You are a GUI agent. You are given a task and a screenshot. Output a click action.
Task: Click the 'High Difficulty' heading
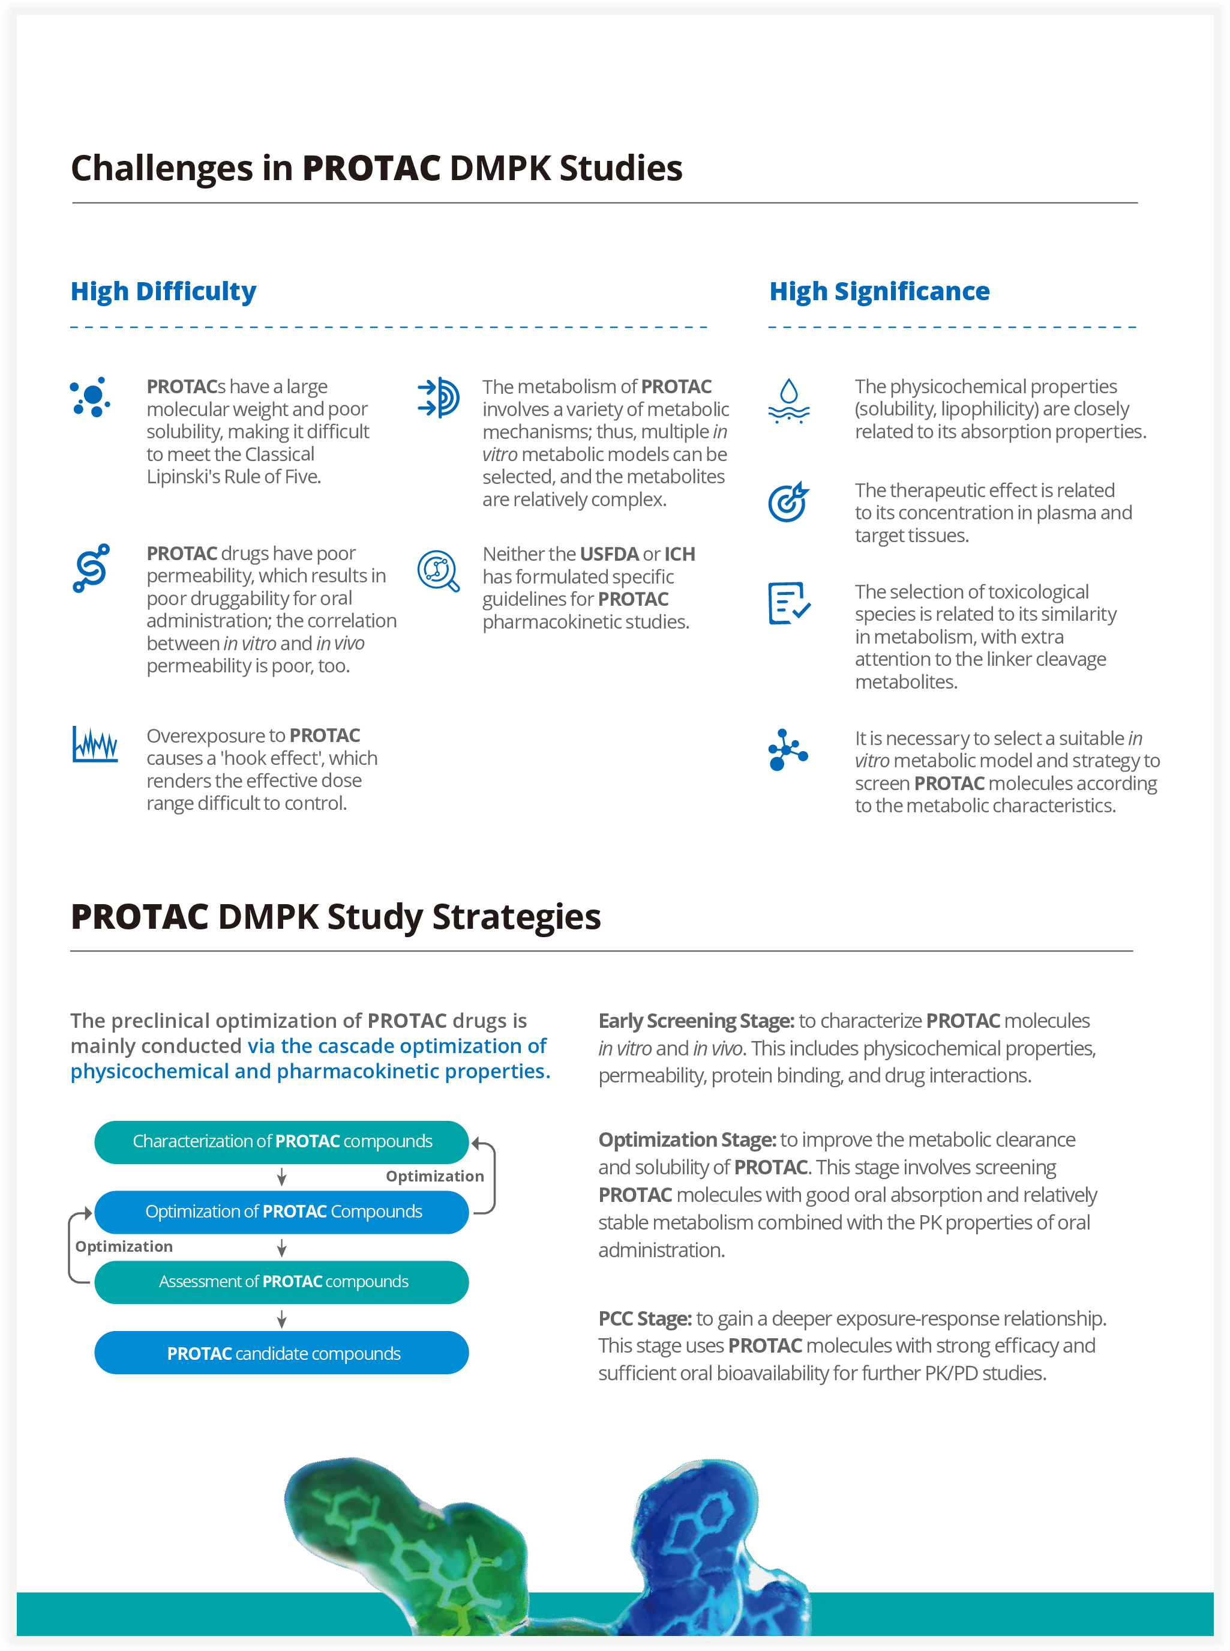coord(163,291)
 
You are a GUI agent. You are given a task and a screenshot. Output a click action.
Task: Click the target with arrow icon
coord(788,501)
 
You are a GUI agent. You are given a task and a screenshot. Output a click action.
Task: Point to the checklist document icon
coord(788,603)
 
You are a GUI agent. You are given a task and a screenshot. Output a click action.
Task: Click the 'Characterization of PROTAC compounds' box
coord(281,1141)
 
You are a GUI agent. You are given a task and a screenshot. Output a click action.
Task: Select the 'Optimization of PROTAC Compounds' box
coord(281,1212)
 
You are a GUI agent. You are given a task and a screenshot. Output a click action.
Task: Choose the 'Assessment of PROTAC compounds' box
coord(281,1281)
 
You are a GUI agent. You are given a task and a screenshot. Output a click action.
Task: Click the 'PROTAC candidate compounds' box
coord(281,1353)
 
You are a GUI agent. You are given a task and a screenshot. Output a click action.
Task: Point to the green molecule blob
coord(406,1535)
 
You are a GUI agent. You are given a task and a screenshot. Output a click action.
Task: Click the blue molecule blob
coord(715,1542)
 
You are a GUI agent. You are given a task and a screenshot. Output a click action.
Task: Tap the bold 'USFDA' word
coord(608,554)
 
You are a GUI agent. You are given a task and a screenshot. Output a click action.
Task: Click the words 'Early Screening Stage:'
coord(696,1021)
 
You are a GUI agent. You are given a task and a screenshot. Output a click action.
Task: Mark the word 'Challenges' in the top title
coord(161,168)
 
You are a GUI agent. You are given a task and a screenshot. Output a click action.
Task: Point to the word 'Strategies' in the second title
coord(516,917)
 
